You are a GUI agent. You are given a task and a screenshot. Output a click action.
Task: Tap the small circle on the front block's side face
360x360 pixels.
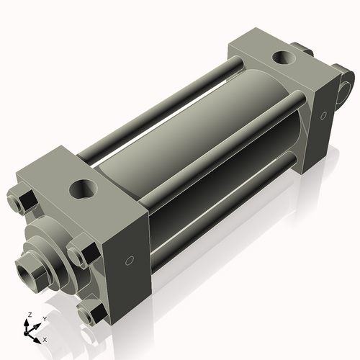pyautogui.click(x=130, y=260)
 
